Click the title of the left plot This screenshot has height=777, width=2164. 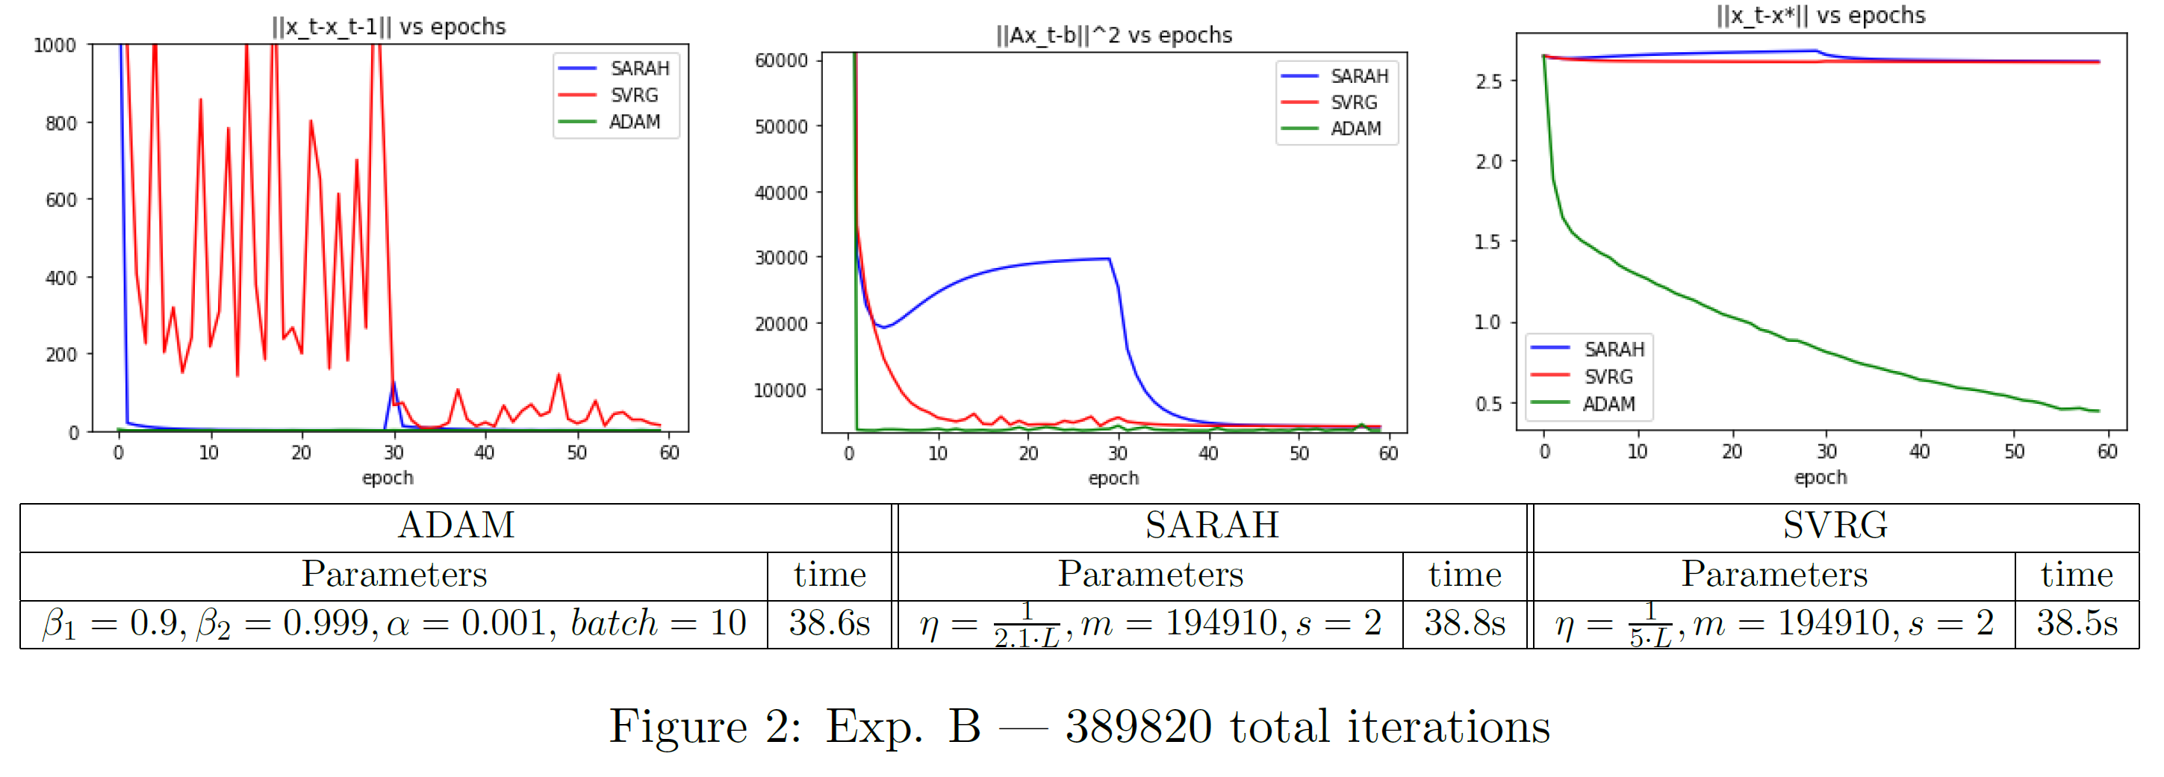pyautogui.click(x=389, y=27)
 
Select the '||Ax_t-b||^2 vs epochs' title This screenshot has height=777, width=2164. pyautogui.click(x=1113, y=35)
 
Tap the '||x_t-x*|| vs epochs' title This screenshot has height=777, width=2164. pyautogui.click(x=1821, y=15)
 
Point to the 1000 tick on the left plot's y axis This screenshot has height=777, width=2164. pyautogui.click(x=55, y=46)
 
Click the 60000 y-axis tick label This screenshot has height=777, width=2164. pyautogui.click(x=780, y=60)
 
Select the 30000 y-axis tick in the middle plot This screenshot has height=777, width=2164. pyautogui.click(x=780, y=258)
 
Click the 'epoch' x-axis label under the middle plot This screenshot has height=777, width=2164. pyautogui.click(x=1113, y=478)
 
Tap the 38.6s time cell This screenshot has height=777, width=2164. pyautogui.click(x=829, y=623)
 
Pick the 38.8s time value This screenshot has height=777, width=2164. pyautogui.click(x=1464, y=623)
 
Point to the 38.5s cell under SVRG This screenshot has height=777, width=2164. pyautogui.click(x=2077, y=623)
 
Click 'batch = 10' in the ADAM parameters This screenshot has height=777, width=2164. pyautogui.click(x=658, y=623)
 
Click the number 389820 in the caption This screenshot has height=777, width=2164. pyautogui.click(x=1138, y=725)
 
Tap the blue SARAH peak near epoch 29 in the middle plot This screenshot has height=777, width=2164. pyautogui.click(x=1109, y=259)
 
